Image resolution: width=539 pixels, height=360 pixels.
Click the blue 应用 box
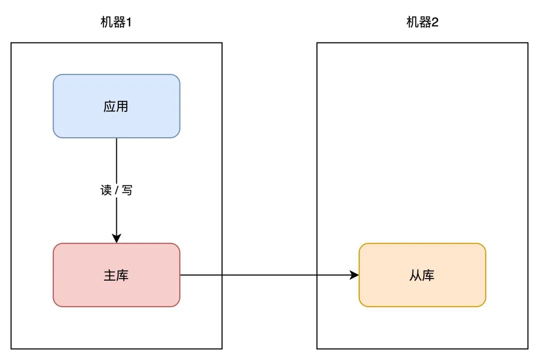tap(116, 106)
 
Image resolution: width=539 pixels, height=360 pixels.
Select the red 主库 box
tap(116, 275)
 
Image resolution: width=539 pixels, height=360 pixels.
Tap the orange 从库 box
tap(422, 275)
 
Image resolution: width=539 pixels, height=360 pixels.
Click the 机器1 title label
tap(116, 22)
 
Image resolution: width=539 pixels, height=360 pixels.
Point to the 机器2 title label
tap(422, 22)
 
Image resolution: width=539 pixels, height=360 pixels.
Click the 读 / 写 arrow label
tap(116, 190)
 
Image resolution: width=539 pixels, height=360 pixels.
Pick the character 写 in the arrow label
tap(127, 190)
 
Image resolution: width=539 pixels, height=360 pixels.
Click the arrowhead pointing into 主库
tap(116, 239)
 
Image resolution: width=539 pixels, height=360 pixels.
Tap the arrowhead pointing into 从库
tap(354, 275)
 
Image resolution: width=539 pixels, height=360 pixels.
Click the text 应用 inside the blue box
tap(116, 106)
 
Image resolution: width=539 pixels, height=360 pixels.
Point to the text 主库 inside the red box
tap(116, 275)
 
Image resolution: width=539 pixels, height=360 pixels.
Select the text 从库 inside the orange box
tap(422, 275)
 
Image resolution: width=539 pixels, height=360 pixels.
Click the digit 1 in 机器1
tap(129, 22)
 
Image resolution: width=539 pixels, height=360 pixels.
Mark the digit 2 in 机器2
tap(435, 22)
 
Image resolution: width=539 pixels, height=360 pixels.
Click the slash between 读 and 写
tap(116, 190)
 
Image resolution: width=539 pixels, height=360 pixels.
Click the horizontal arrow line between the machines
tap(269, 275)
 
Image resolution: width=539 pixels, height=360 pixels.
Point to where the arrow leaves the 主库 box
tap(181, 275)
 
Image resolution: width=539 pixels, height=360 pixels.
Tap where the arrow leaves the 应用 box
tap(116, 139)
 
